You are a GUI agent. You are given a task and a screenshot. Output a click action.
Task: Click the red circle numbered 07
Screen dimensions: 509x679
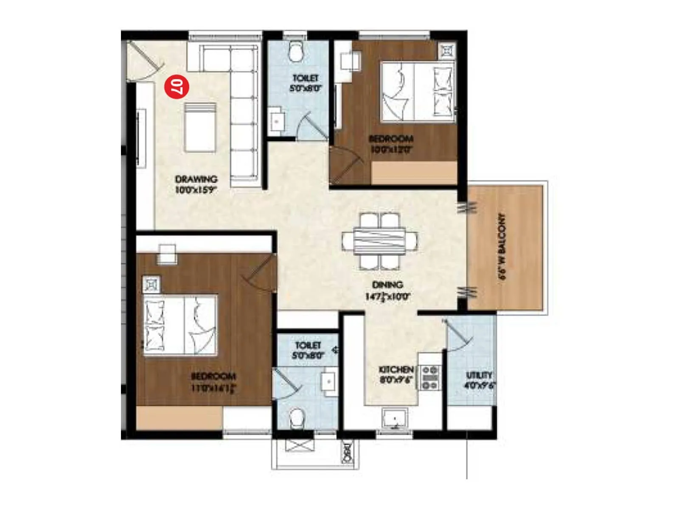[177, 87]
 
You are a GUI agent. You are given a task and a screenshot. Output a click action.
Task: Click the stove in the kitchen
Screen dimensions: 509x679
[429, 377]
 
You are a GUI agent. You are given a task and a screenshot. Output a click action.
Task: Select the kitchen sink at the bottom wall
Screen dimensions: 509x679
[395, 419]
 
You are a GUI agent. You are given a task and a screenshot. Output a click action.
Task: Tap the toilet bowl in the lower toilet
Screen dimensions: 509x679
[296, 418]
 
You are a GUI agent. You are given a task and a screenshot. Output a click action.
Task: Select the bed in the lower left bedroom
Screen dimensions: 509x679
[180, 325]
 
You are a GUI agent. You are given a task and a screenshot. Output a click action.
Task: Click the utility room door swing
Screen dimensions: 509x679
[458, 335]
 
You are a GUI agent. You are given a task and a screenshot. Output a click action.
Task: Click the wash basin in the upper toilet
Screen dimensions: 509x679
[277, 121]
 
